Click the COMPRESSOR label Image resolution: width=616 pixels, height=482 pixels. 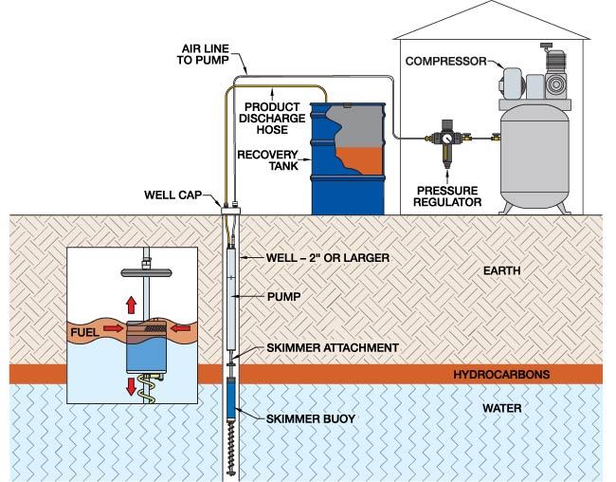[445, 62]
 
